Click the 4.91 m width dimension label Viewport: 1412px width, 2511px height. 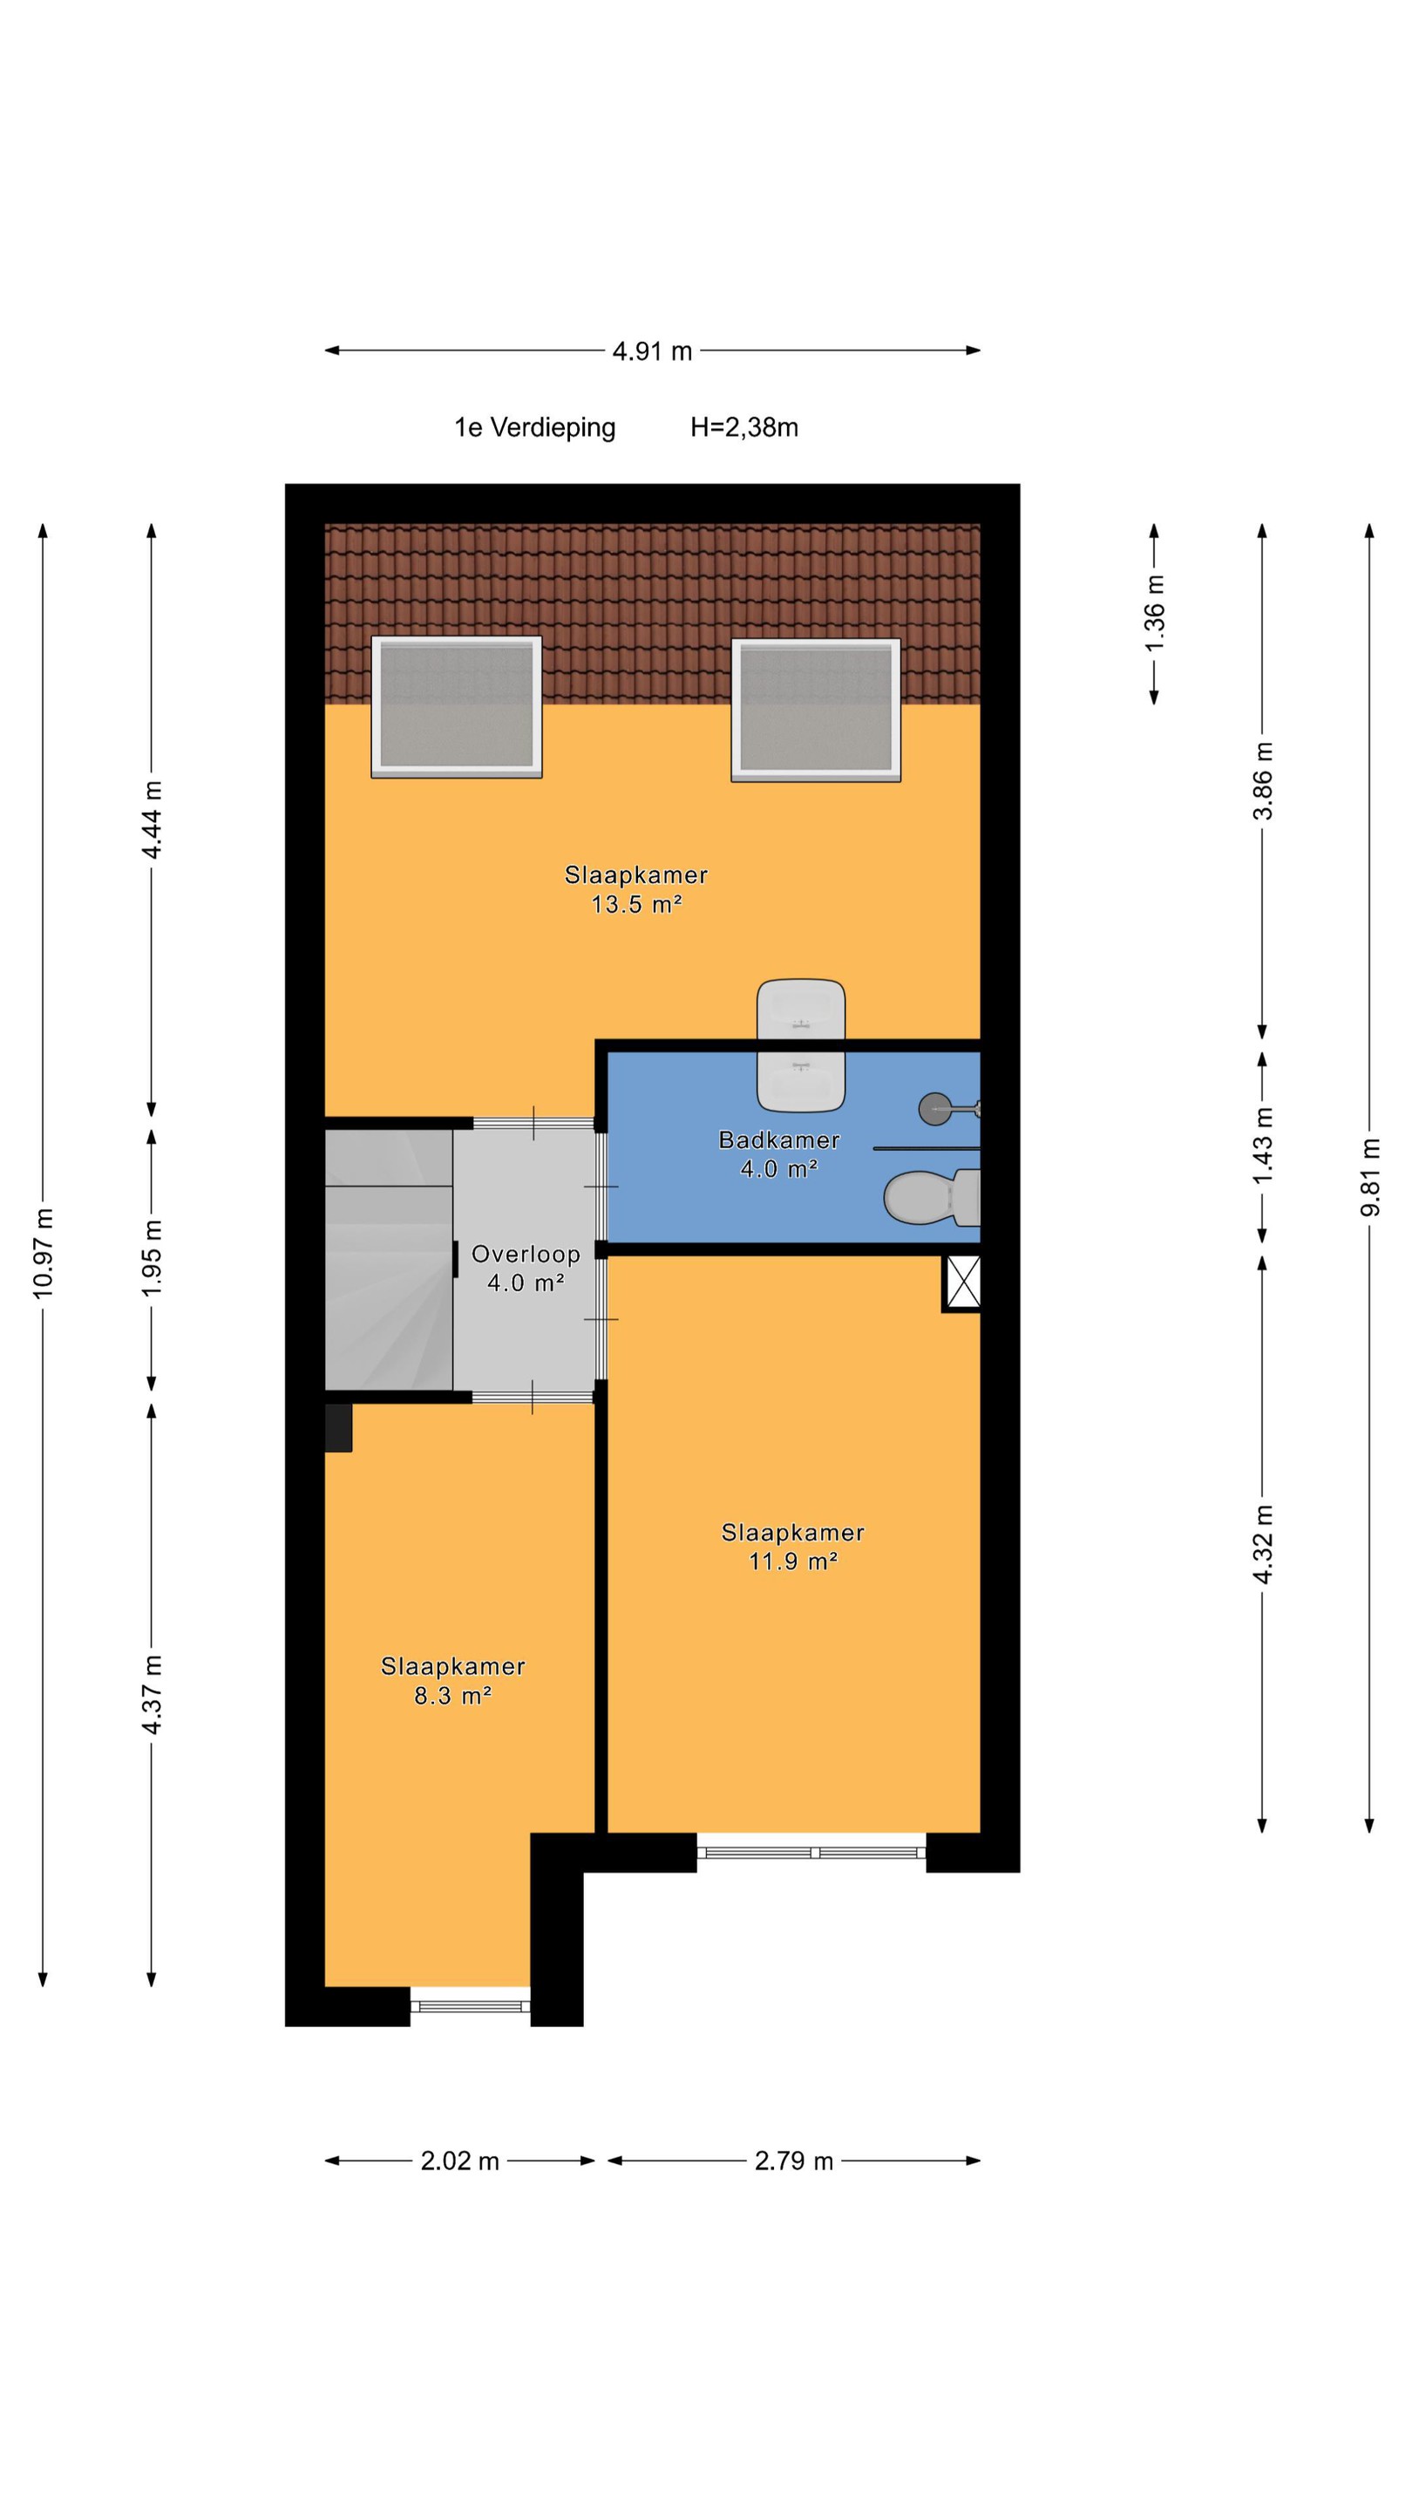[652, 350]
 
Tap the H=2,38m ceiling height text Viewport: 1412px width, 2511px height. [744, 427]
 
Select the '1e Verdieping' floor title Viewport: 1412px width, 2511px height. [535, 428]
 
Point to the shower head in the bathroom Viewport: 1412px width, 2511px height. [949, 1108]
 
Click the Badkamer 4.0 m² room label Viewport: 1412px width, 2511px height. [778, 1154]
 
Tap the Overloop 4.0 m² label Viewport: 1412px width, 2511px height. [526, 1269]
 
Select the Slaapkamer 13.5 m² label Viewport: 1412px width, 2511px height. [636, 889]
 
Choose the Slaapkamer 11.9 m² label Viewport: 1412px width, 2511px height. [793, 1546]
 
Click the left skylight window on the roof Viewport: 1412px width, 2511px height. [456, 707]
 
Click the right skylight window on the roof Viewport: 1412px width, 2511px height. [816, 710]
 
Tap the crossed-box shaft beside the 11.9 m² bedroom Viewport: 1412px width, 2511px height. [963, 1282]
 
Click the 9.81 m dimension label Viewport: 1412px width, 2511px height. [1369, 1176]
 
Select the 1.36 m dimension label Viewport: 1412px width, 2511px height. [1154, 614]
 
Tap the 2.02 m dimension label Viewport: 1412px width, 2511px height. [460, 2161]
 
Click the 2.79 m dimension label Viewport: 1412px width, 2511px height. [794, 2161]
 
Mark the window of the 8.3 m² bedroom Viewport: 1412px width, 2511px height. [471, 2005]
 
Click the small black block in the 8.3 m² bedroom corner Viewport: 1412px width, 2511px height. [338, 1427]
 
